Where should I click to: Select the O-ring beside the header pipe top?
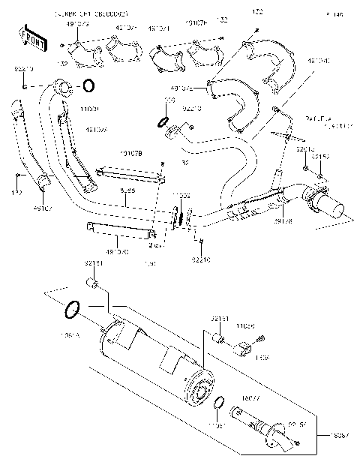coord(88,85)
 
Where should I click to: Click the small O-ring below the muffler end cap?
coord(217,406)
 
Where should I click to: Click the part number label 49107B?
coord(131,154)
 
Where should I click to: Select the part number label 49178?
coord(283,222)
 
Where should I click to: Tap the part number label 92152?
coord(319,157)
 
